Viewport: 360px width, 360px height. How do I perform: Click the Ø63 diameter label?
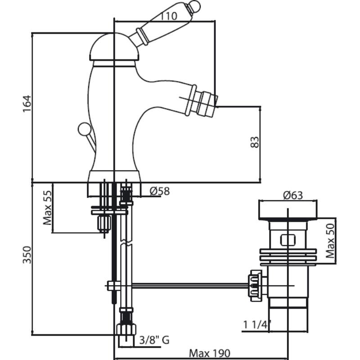point(293,195)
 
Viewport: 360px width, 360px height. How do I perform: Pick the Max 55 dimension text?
point(47,207)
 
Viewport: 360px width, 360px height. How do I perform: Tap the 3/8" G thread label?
point(154,340)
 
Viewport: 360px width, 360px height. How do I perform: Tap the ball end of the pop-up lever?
point(83,130)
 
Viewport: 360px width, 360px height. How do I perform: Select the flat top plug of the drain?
point(288,209)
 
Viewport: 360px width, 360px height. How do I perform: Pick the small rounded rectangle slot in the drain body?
point(287,239)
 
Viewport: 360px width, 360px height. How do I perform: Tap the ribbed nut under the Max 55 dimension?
point(103,223)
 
